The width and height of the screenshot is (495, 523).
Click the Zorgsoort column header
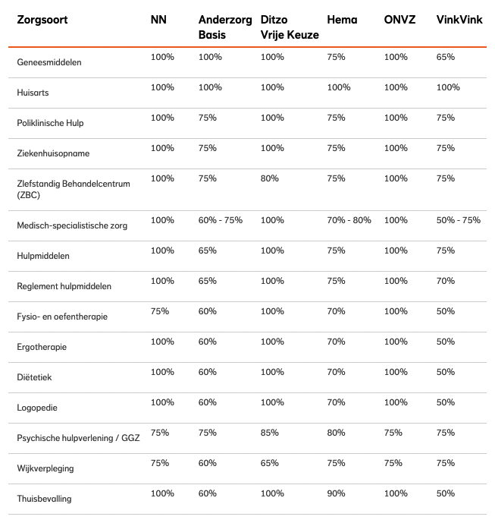(x=42, y=20)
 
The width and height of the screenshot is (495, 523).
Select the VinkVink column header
(x=459, y=20)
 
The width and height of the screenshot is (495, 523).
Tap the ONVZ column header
(x=399, y=20)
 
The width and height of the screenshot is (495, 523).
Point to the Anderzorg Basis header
(x=225, y=27)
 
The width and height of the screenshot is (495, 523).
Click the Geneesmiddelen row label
(x=49, y=62)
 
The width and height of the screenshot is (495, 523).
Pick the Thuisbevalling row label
(x=44, y=499)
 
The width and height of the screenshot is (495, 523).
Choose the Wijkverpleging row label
(x=45, y=468)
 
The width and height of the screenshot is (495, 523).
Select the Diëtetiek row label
(x=34, y=377)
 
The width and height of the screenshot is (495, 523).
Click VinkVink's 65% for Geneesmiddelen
(x=446, y=57)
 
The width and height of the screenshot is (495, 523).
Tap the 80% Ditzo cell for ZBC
(x=270, y=178)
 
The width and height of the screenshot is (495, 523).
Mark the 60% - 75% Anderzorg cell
(x=220, y=220)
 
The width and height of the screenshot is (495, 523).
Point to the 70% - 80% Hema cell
(x=349, y=220)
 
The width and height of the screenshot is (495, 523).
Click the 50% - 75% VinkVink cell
(x=459, y=220)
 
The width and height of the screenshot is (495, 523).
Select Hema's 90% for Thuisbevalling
(x=336, y=493)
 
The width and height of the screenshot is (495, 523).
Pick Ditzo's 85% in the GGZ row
(x=270, y=433)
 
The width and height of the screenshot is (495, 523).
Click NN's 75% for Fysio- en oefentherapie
(x=159, y=311)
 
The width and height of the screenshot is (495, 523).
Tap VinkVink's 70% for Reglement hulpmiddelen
(x=446, y=281)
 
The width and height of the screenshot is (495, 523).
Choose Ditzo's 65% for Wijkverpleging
(x=270, y=463)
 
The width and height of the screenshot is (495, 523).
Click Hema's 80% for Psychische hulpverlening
(x=336, y=433)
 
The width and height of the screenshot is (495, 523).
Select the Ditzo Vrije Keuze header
(x=290, y=27)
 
